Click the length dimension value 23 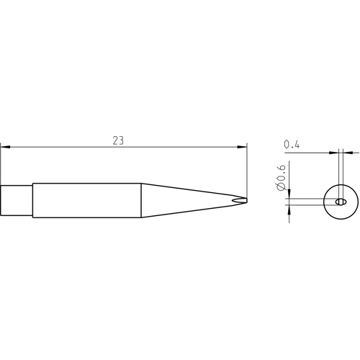pyautogui.click(x=118, y=140)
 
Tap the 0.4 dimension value pyautogui.click(x=292, y=145)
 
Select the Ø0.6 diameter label pyautogui.click(x=281, y=178)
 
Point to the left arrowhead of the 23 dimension pyautogui.click(x=5, y=147)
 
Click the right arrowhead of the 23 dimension pyautogui.click(x=242, y=147)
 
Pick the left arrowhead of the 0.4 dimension pyautogui.click(x=334, y=153)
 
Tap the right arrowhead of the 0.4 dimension pyautogui.click(x=348, y=153)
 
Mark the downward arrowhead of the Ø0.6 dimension pyautogui.click(x=289, y=194)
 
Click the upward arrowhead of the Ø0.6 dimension pyautogui.click(x=289, y=210)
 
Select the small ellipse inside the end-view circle pyautogui.click(x=341, y=202)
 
